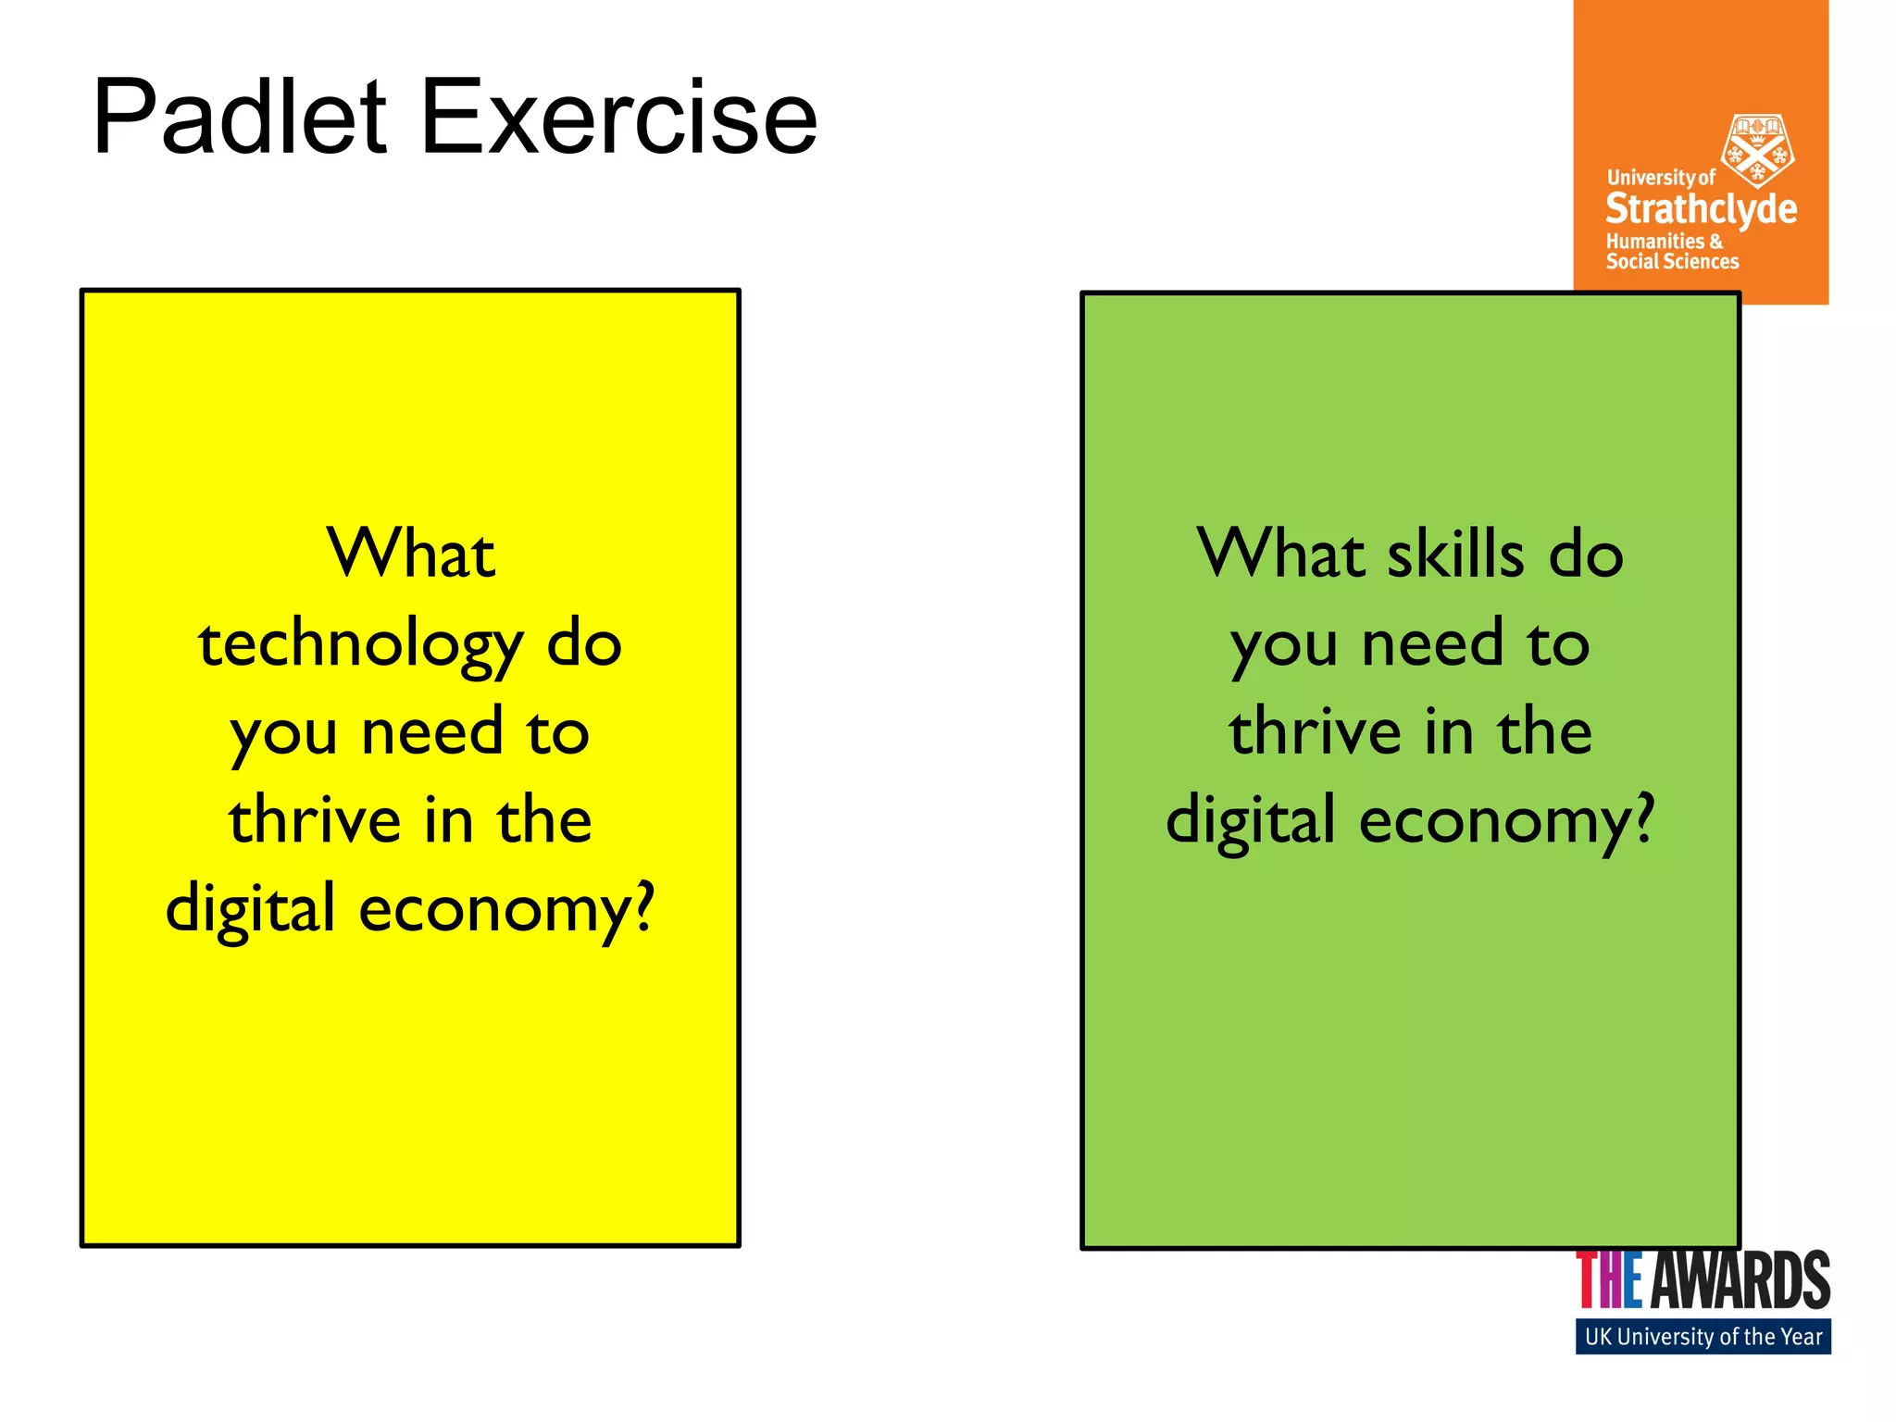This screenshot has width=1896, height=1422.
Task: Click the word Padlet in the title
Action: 239,118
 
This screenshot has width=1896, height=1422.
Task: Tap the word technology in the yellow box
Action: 360,645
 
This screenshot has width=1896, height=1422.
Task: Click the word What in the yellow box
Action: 411,555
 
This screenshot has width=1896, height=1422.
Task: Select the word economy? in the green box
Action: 1506,821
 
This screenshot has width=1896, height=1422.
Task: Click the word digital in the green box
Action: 1250,821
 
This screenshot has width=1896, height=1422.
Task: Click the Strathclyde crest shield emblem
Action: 1756,150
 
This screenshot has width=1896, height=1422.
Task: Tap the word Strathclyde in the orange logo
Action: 1701,209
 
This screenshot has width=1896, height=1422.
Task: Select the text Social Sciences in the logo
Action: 1672,262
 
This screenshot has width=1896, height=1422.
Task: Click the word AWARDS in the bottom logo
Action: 1740,1280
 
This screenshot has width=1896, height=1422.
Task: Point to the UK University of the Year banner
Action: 1703,1337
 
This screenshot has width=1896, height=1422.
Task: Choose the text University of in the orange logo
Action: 1661,177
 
